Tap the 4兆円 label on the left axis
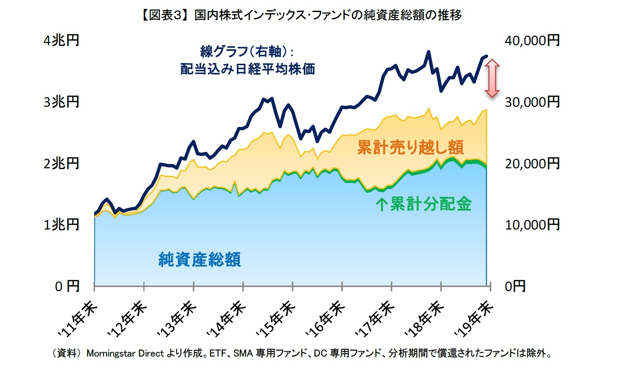click(61, 40)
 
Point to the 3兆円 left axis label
click(61, 102)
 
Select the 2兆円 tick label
click(61, 164)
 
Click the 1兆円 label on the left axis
click(61, 225)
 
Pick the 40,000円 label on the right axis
click(532, 40)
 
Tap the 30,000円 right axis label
click(532, 102)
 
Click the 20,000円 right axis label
click(532, 164)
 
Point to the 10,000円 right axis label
click(532, 225)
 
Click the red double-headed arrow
click(492, 78)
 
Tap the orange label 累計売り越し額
click(410, 148)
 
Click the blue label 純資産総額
click(199, 260)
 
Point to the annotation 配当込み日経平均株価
click(247, 69)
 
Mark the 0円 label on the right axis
click(515, 286)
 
